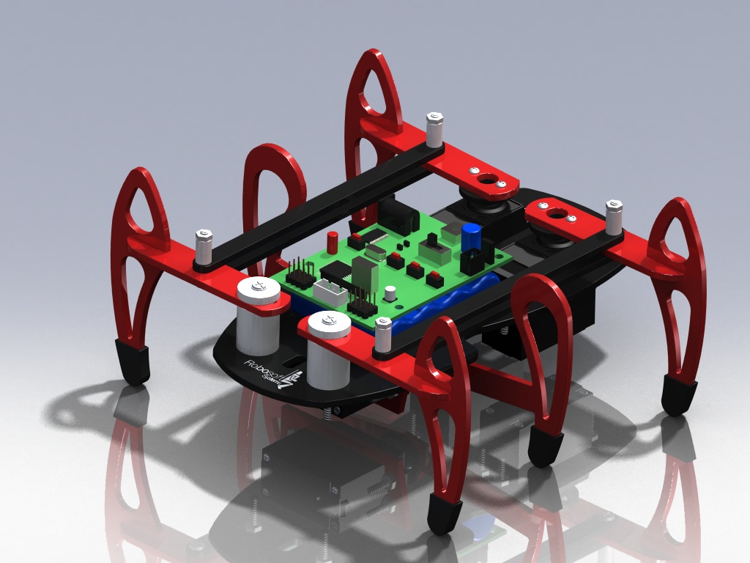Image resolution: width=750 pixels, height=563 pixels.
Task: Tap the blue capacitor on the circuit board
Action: [471, 237]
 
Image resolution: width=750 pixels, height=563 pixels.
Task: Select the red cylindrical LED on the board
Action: [333, 241]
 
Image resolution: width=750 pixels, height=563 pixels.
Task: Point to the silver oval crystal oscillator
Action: [375, 252]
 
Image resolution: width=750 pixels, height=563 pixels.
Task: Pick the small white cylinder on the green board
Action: [390, 294]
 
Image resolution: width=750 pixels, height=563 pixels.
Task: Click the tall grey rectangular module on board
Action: [364, 273]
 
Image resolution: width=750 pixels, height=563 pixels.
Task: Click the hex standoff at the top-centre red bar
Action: [434, 129]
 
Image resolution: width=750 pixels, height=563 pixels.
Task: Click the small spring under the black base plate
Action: [337, 412]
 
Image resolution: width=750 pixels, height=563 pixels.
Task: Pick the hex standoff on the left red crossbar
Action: [203, 247]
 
